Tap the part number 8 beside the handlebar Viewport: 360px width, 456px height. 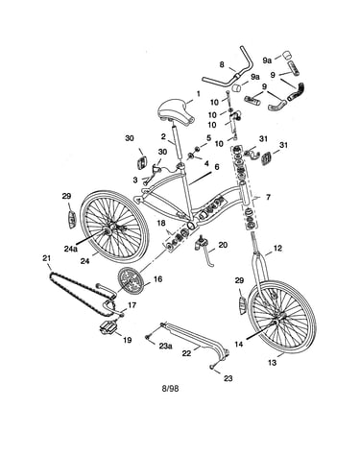point(222,64)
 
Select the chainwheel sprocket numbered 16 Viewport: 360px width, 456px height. point(130,281)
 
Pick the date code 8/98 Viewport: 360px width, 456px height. point(170,389)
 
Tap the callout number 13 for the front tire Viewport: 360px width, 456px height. point(272,363)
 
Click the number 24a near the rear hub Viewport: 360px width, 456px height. point(71,249)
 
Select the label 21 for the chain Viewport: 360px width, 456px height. point(47,258)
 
